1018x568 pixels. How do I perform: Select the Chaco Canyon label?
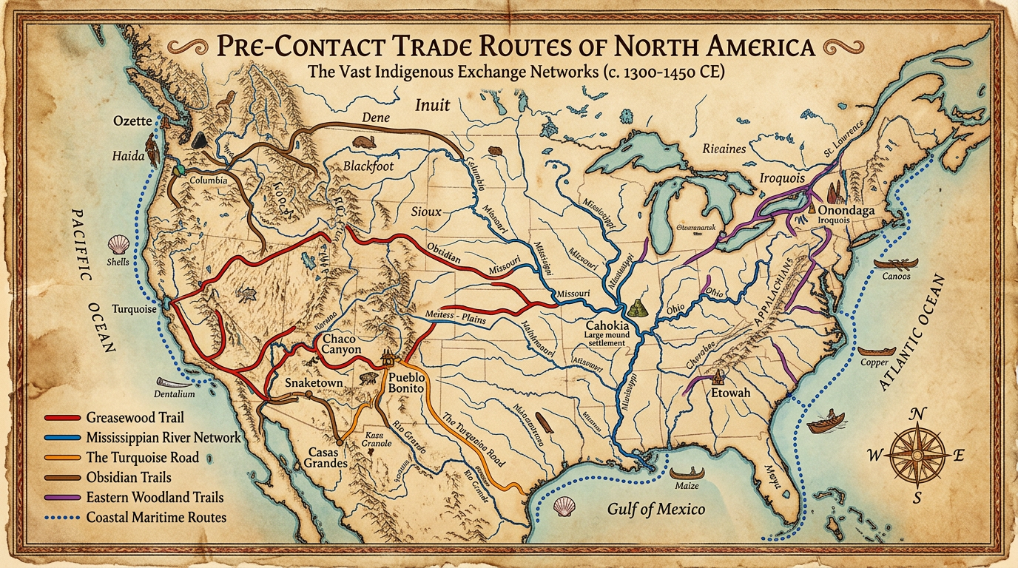point(342,344)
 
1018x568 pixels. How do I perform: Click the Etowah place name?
point(730,393)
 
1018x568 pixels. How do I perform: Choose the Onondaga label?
point(846,211)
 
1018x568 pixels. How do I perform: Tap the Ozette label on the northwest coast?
point(133,121)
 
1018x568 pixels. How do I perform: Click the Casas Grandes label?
point(320,456)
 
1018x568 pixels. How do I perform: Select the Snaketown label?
point(314,385)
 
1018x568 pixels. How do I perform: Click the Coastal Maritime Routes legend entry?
point(155,517)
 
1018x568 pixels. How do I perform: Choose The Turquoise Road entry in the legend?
point(142,457)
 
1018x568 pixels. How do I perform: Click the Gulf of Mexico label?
point(655,509)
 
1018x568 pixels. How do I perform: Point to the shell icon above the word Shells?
point(118,245)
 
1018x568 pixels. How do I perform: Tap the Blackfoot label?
point(367,166)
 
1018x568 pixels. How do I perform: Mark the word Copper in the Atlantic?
point(874,362)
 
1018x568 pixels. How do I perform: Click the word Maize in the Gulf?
point(687,486)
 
